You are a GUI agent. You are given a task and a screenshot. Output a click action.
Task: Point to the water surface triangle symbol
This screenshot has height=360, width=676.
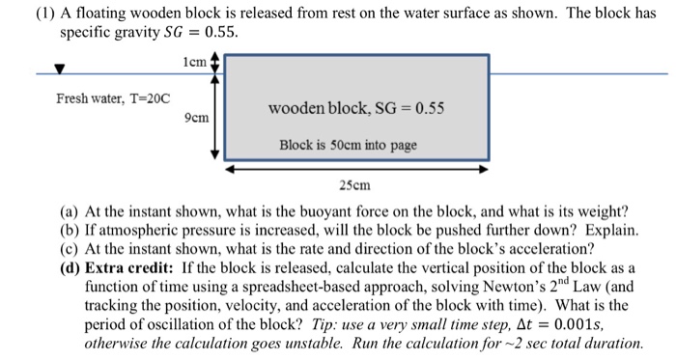pos(59,69)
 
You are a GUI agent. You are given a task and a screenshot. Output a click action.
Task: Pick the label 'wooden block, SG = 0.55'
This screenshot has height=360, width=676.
pos(358,108)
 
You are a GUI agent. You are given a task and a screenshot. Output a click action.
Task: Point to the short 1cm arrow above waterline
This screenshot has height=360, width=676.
pos(216,63)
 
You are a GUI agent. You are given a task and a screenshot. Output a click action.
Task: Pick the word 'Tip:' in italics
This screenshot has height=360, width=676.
pos(402,325)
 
